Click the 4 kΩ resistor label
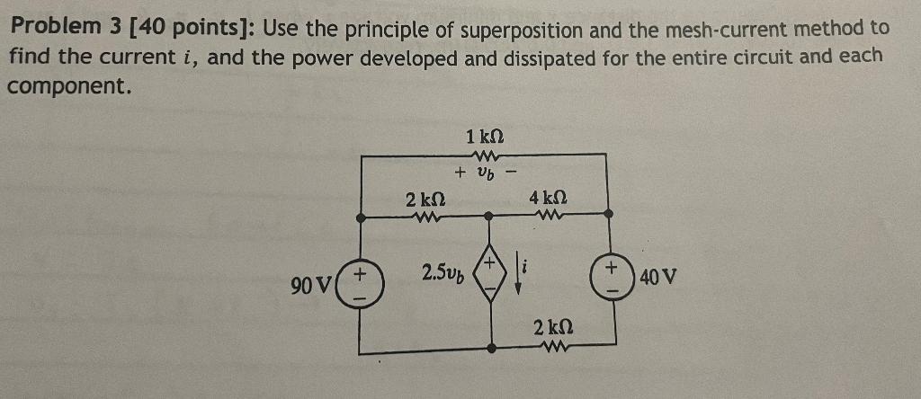pos(548,195)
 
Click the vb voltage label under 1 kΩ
pos(485,171)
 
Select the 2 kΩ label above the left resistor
pos(422,197)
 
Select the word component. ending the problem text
pos(69,87)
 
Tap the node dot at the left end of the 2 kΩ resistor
pos(361,216)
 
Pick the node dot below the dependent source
pos(490,345)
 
